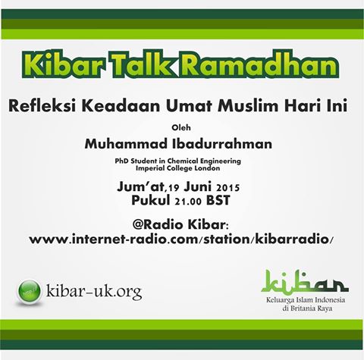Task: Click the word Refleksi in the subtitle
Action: pos(42,106)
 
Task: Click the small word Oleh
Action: pos(181,127)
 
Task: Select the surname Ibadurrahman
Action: pos(222,144)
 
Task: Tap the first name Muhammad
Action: pos(126,144)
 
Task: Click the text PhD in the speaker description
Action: pos(121,161)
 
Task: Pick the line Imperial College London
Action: pos(177,168)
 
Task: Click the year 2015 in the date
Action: pos(227,188)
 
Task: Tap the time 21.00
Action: pos(188,202)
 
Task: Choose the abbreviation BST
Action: pos(218,201)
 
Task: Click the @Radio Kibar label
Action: pos(180,224)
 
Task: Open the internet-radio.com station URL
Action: pos(180,239)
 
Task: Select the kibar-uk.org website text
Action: pos(94,292)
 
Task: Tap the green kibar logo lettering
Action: pos(305,282)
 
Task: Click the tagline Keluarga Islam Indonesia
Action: pos(306,300)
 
